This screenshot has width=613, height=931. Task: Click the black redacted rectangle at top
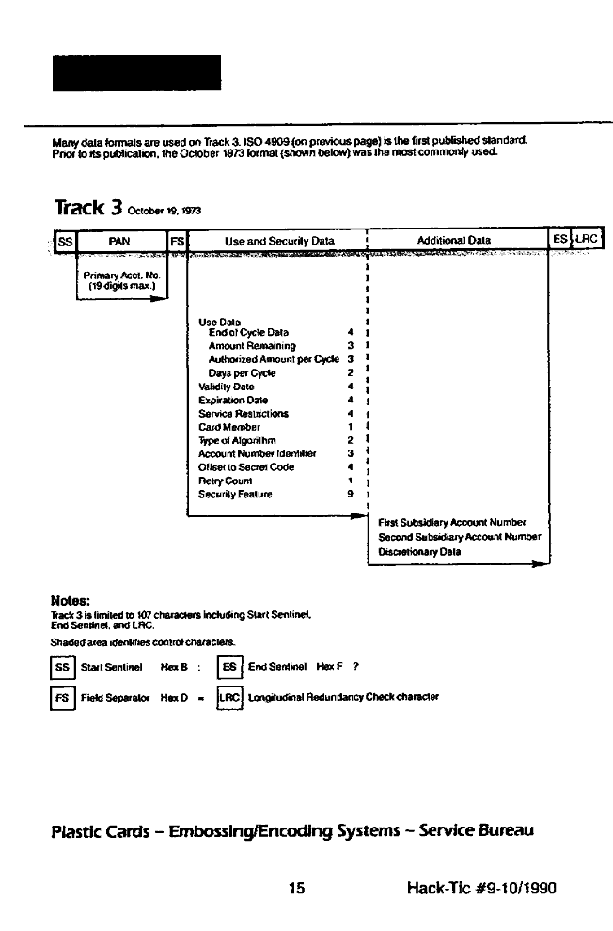tap(136, 73)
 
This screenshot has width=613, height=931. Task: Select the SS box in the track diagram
tap(65, 241)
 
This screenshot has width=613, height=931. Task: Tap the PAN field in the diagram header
tap(119, 241)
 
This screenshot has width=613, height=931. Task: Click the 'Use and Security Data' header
tap(279, 241)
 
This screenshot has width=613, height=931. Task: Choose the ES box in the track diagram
tap(559, 240)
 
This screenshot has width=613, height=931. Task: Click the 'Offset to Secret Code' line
tap(246, 465)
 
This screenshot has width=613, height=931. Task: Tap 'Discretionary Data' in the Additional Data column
tap(419, 552)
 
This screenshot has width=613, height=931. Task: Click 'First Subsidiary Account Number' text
tap(451, 522)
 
